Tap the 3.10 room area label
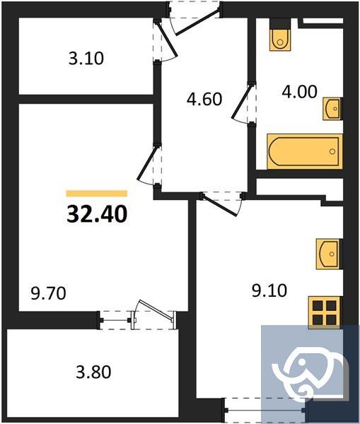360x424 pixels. (x=86, y=59)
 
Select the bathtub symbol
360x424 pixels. (x=304, y=151)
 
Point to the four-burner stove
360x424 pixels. (x=326, y=311)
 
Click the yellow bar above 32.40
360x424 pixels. (x=97, y=193)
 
